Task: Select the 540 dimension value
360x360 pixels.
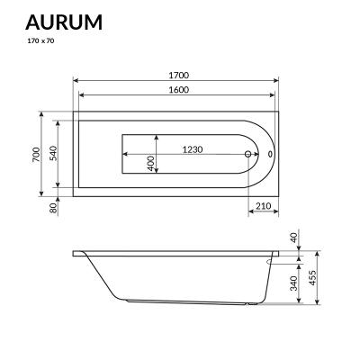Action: tap(54, 154)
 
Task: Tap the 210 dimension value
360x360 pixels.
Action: tap(264, 207)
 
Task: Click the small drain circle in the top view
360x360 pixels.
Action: tap(247, 155)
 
